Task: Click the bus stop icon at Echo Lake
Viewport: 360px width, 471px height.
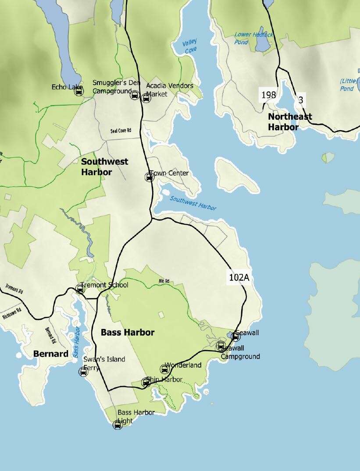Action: (x=79, y=92)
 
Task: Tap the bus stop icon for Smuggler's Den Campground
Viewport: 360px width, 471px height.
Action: (x=135, y=96)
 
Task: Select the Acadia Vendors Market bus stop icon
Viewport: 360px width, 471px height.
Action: (x=146, y=98)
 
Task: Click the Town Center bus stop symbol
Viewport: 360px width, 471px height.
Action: (x=149, y=177)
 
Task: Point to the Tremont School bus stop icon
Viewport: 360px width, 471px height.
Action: (x=80, y=288)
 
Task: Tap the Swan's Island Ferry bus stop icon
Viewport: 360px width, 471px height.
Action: (x=83, y=372)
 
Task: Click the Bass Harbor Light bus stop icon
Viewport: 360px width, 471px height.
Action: (x=118, y=425)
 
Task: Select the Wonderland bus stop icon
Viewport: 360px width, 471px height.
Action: (x=164, y=369)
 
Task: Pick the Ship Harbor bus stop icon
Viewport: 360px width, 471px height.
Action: (x=146, y=383)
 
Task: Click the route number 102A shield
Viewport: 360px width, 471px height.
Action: (x=239, y=277)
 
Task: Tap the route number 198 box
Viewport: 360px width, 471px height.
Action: (x=268, y=95)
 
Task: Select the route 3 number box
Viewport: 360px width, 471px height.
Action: (x=301, y=100)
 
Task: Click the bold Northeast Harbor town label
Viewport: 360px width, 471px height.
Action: (x=290, y=122)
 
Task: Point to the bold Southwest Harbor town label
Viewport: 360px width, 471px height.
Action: (x=104, y=167)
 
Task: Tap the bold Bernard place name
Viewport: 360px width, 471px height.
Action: (x=51, y=354)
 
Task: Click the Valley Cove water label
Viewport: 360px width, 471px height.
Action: (x=189, y=46)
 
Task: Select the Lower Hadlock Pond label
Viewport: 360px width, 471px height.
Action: (x=253, y=38)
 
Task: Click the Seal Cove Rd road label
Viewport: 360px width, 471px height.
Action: (x=121, y=130)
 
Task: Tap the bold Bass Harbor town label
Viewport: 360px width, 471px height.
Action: (x=128, y=333)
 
